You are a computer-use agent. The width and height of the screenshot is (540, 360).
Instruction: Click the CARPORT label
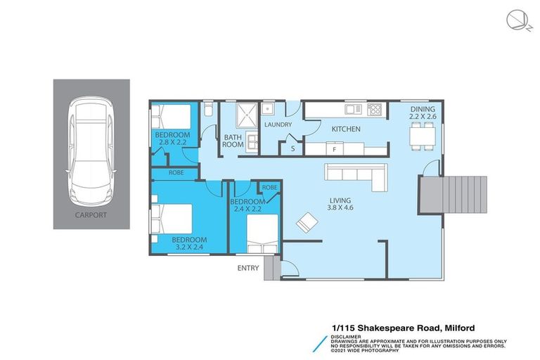click(91, 215)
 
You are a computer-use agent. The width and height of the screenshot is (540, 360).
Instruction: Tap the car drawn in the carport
click(91, 150)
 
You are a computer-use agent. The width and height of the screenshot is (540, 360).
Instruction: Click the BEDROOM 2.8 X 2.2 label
click(173, 139)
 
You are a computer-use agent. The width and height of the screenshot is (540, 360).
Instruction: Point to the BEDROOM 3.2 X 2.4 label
click(190, 243)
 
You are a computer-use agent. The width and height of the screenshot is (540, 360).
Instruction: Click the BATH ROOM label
click(233, 141)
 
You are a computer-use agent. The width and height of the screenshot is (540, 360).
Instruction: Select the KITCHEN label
click(346, 129)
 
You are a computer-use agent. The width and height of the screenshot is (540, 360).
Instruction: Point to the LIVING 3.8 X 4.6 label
click(340, 205)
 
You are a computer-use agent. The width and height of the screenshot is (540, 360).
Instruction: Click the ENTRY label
click(248, 267)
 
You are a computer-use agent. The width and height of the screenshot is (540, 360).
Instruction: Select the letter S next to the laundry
click(292, 149)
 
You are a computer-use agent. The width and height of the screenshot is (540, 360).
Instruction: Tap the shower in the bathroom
click(248, 115)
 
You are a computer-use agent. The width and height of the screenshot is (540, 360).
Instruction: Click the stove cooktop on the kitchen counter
click(375, 109)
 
